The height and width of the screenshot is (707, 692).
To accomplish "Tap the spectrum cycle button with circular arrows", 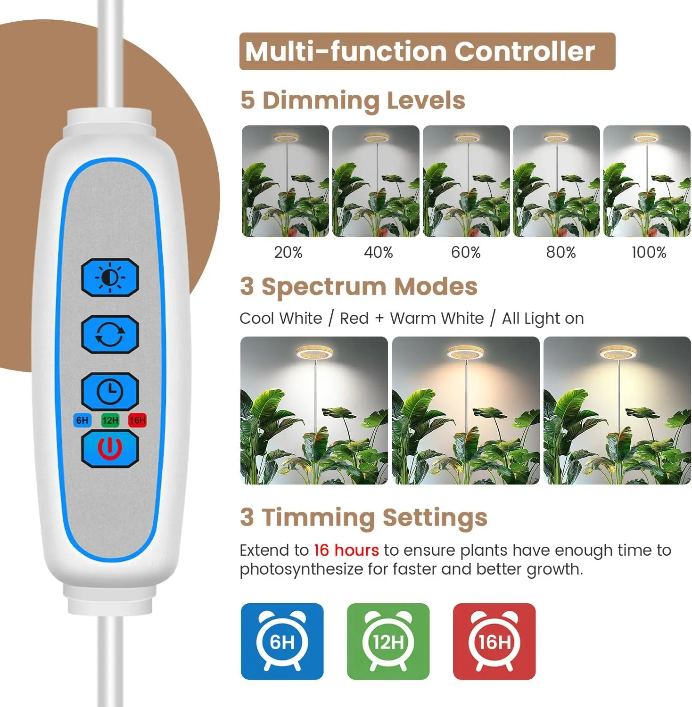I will pyautogui.click(x=110, y=335).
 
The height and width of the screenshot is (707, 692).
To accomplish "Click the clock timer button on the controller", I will pyautogui.click(x=110, y=391).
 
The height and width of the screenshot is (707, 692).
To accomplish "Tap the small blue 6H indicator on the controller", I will pyautogui.click(x=82, y=420).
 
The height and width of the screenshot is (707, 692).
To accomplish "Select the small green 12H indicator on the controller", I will pyautogui.click(x=110, y=420).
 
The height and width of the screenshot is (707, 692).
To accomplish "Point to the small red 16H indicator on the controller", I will pyautogui.click(x=137, y=420).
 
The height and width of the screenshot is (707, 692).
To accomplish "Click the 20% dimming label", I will pyautogui.click(x=288, y=253).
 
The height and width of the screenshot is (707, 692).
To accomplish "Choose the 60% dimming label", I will pyautogui.click(x=466, y=253).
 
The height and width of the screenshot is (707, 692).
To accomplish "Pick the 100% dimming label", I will pyautogui.click(x=649, y=253).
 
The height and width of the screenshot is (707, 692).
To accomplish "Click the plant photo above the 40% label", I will pyautogui.click(x=376, y=181).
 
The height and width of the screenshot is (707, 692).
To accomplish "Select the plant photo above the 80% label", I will pyautogui.click(x=556, y=181).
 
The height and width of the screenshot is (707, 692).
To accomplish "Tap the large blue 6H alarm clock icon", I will pyautogui.click(x=282, y=641).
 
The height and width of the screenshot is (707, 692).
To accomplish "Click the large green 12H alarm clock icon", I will pyautogui.click(x=388, y=641).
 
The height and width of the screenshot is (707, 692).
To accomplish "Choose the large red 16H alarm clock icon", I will pyautogui.click(x=494, y=641).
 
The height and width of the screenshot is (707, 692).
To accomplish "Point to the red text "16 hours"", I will pyautogui.click(x=346, y=550).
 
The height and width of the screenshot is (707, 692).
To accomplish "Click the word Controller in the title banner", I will pyautogui.click(x=524, y=51).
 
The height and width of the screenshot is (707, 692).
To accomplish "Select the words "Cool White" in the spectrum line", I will pyautogui.click(x=280, y=319).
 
